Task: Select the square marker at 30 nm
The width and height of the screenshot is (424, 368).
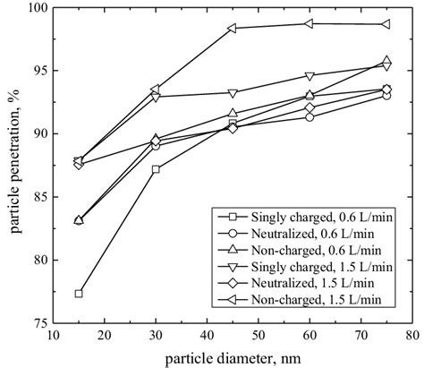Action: [156, 169]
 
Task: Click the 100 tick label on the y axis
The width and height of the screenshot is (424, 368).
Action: [40, 8]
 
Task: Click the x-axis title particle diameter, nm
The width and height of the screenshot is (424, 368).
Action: [232, 357]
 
